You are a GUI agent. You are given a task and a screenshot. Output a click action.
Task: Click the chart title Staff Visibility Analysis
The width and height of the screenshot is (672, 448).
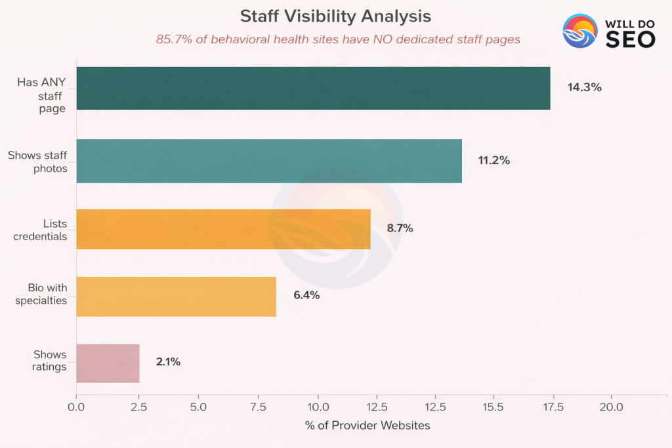(335, 16)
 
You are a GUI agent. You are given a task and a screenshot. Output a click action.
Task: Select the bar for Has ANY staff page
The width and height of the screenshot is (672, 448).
(313, 88)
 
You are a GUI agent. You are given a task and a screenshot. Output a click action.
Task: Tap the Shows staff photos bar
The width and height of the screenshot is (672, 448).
(269, 161)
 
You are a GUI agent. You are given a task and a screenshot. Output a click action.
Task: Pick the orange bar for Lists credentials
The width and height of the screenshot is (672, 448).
(223, 229)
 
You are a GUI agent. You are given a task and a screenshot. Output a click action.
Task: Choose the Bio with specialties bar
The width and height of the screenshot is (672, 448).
(176, 296)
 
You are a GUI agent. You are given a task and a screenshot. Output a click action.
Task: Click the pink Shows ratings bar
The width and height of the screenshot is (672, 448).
(108, 363)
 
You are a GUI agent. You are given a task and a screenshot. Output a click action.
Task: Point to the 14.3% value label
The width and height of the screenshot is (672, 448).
(584, 87)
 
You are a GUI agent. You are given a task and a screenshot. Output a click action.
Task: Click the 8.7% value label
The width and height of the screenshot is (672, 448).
(400, 229)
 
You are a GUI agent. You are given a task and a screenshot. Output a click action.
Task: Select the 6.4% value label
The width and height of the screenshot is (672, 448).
(306, 296)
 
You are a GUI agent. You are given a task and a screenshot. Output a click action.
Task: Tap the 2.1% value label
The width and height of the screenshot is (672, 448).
(168, 362)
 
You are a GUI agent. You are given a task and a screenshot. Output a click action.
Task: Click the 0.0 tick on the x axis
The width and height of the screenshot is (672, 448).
(76, 407)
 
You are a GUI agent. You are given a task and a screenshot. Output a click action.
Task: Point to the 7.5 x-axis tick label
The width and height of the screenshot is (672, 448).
(257, 407)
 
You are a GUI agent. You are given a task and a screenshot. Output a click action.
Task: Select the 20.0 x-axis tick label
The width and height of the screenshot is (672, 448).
(611, 407)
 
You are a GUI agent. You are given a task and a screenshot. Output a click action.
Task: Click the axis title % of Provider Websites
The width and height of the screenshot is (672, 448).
(367, 426)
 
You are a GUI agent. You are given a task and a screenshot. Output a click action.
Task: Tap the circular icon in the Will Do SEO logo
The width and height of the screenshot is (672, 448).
(580, 31)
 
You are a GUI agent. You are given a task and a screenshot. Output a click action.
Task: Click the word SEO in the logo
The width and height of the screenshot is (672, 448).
(629, 40)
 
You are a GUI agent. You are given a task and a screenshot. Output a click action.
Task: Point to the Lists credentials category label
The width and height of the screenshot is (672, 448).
(41, 230)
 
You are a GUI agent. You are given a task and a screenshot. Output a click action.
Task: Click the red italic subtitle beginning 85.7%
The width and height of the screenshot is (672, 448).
(338, 39)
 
